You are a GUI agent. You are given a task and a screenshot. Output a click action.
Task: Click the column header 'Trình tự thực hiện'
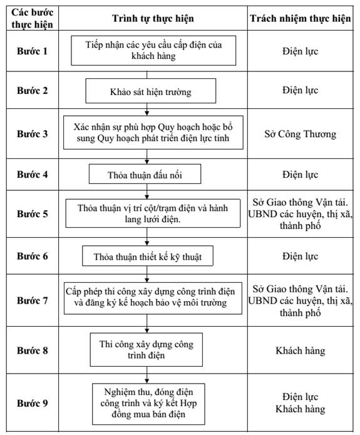click(x=153, y=18)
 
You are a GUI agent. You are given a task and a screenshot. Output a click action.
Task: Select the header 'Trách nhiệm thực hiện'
click(x=301, y=18)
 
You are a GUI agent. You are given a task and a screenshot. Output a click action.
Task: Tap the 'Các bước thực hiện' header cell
click(x=32, y=18)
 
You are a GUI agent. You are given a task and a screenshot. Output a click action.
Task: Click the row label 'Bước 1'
click(x=32, y=51)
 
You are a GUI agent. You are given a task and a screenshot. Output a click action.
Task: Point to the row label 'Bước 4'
click(x=32, y=174)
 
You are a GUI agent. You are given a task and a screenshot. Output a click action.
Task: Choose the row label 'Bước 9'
click(x=32, y=403)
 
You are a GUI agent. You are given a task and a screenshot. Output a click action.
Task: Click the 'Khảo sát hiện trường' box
click(x=151, y=91)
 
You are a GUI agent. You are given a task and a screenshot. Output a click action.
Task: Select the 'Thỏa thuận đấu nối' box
click(x=145, y=174)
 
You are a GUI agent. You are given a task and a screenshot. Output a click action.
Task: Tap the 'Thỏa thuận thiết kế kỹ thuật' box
click(x=148, y=256)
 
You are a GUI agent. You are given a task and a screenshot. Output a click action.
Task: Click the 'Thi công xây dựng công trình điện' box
click(x=147, y=349)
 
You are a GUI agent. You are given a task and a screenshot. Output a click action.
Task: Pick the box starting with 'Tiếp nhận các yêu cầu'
click(x=153, y=51)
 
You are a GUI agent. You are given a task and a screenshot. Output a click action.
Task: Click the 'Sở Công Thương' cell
click(x=301, y=134)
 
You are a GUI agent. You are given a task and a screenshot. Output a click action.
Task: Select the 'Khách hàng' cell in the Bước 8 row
click(x=301, y=351)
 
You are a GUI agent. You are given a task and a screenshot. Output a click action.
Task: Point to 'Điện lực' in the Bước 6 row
click(x=301, y=256)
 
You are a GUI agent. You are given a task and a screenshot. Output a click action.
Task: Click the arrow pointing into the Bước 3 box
click(x=147, y=110)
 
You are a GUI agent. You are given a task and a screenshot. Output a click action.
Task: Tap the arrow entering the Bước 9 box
click(x=147, y=375)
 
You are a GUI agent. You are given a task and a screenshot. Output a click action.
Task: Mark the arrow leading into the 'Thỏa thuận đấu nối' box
click(x=147, y=156)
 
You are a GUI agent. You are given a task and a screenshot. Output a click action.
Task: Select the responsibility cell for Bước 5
click(x=301, y=214)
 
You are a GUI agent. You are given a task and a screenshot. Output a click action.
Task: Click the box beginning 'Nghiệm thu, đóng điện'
click(x=148, y=404)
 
